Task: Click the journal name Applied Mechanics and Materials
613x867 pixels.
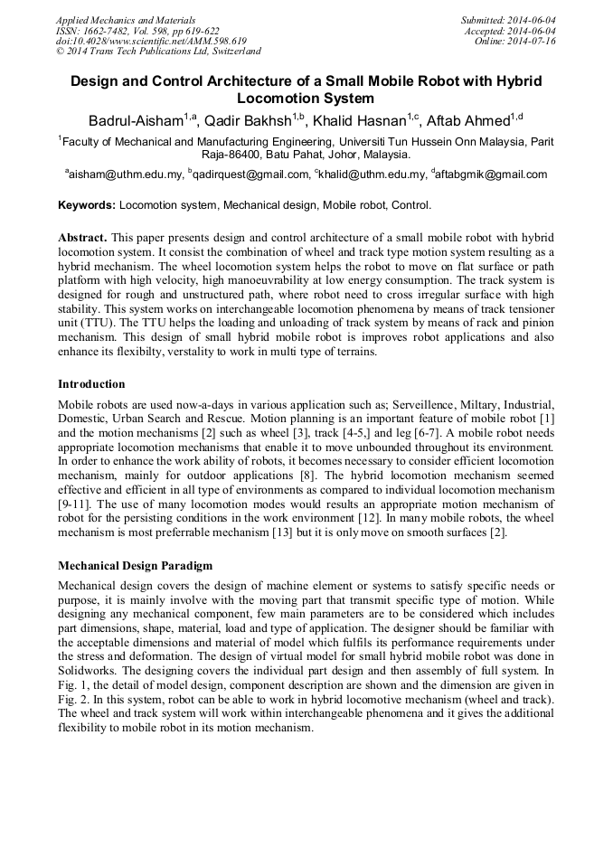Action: pyautogui.click(x=125, y=20)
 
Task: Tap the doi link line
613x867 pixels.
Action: pyautogui.click(x=151, y=42)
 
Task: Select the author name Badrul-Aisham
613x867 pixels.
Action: pyautogui.click(x=135, y=120)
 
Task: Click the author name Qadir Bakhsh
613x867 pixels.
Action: pyautogui.click(x=247, y=120)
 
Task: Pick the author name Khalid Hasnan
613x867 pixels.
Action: pyautogui.click(x=360, y=120)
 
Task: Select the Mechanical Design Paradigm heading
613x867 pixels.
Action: pyautogui.click(x=136, y=566)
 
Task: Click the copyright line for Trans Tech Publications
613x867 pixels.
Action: pyautogui.click(x=159, y=52)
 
